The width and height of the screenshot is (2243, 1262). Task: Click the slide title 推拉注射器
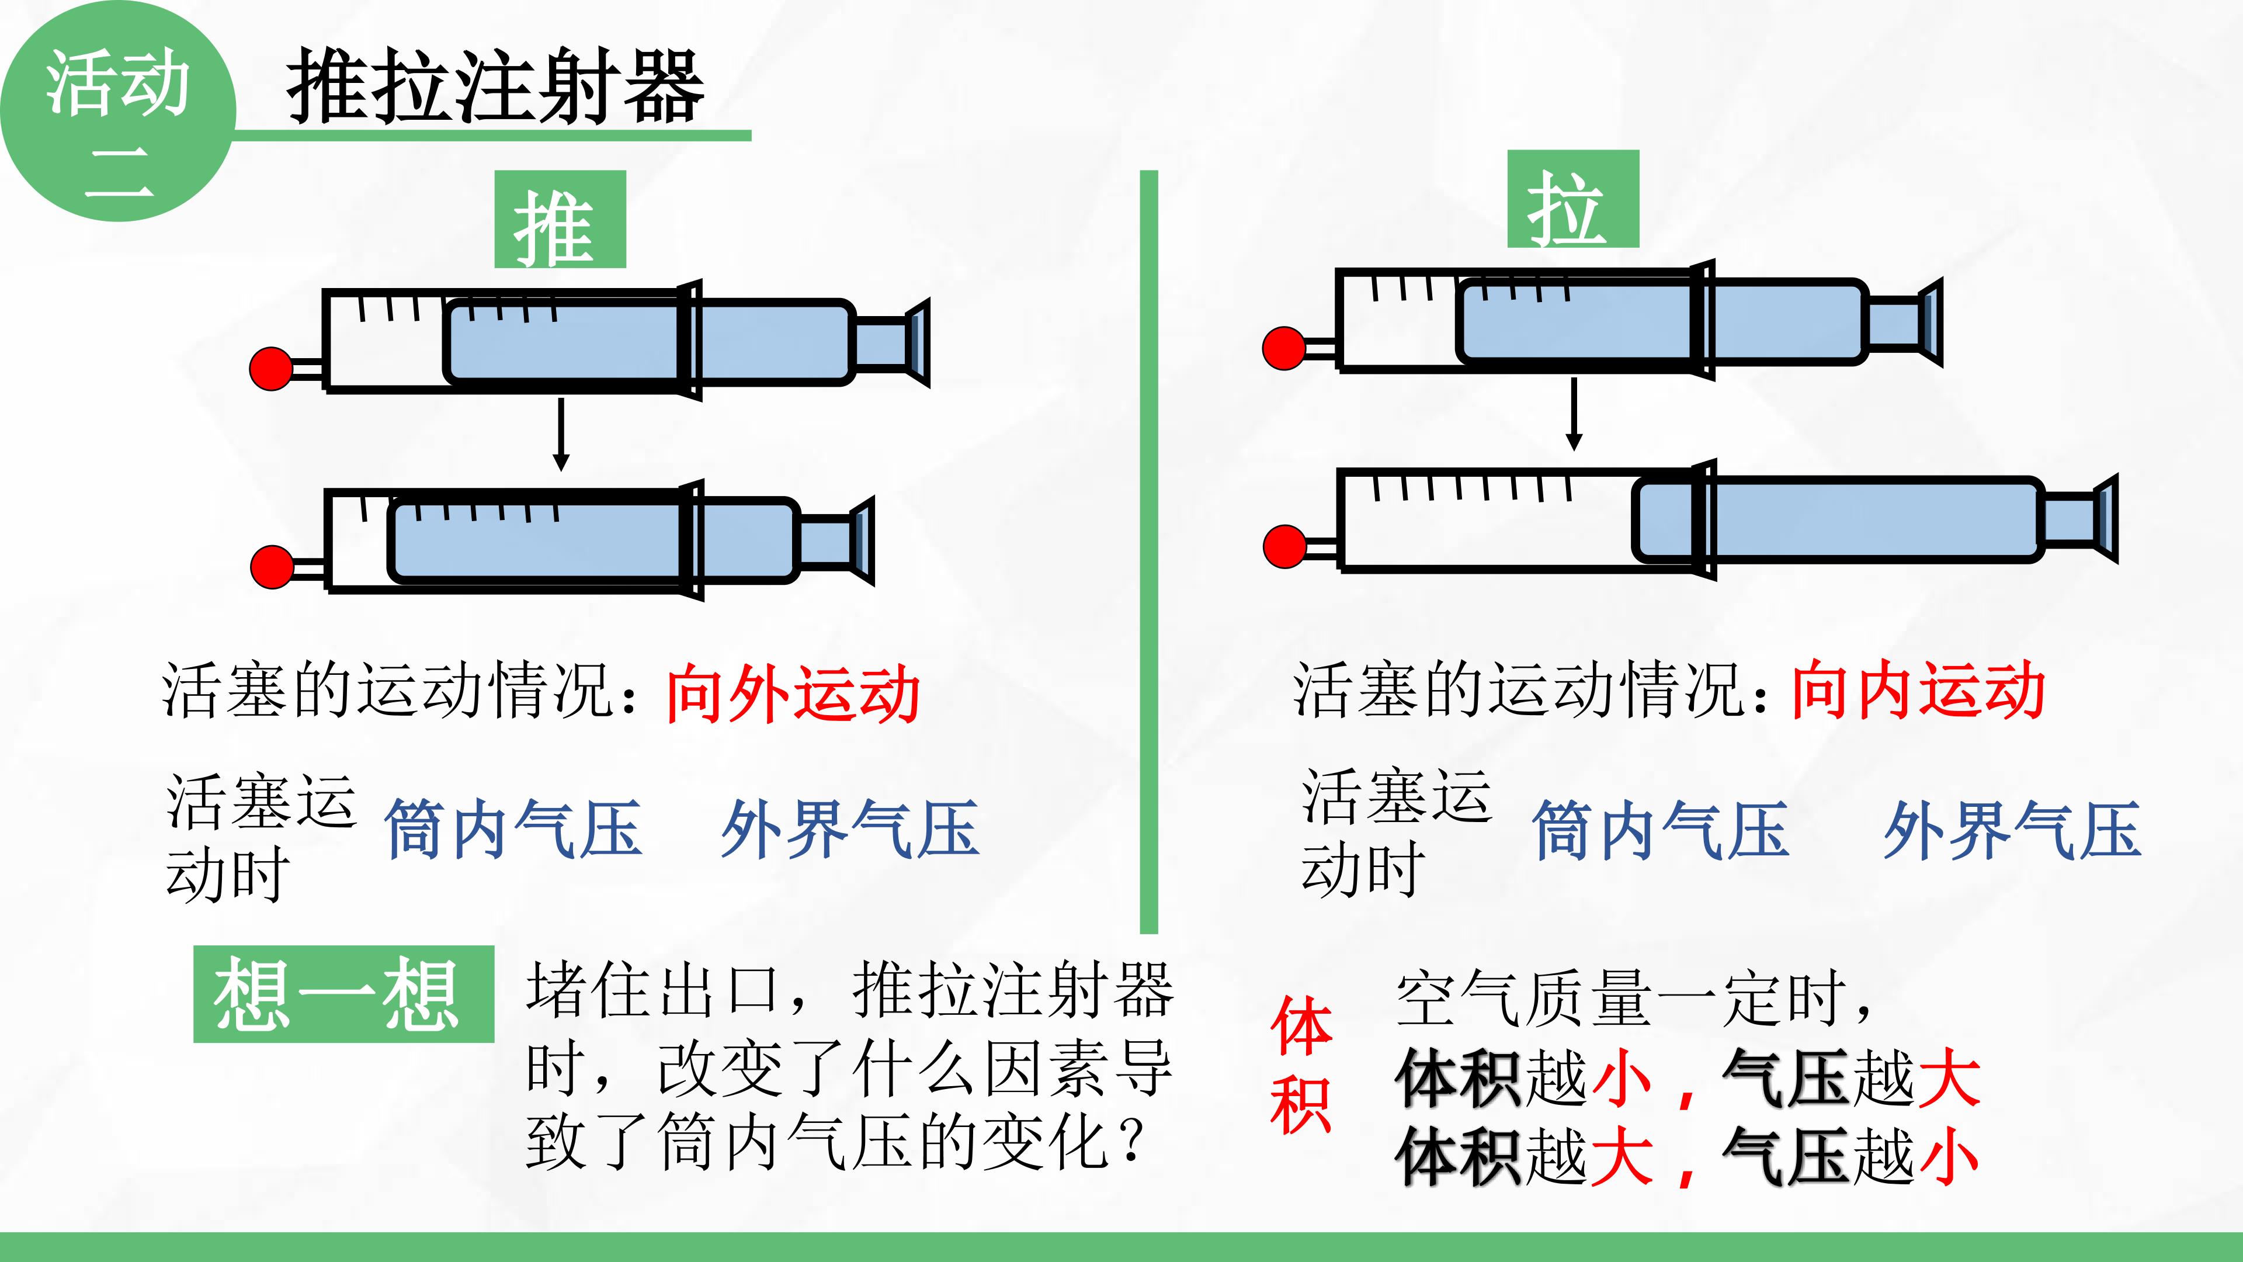(x=495, y=85)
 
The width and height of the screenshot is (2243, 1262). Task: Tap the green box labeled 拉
(x=1572, y=199)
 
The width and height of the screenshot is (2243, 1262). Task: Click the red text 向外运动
(x=793, y=694)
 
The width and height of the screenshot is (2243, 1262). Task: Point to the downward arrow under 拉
(x=1574, y=414)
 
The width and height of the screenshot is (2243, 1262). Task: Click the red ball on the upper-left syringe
(x=271, y=369)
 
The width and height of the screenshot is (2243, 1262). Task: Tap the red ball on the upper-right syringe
(x=1284, y=348)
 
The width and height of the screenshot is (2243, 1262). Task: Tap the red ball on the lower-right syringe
(x=1285, y=547)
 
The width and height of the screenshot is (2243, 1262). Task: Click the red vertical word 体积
(x=1301, y=1065)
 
